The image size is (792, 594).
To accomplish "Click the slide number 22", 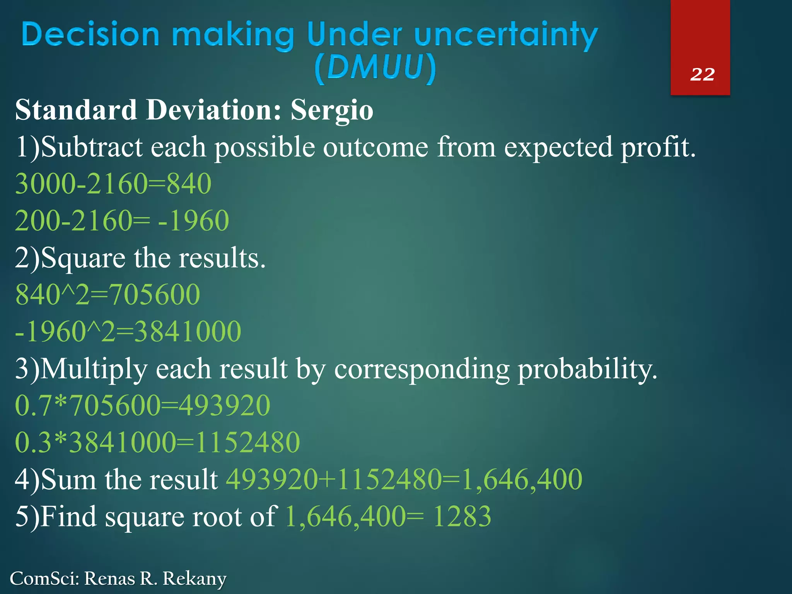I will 702,74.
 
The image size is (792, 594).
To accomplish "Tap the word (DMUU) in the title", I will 375,68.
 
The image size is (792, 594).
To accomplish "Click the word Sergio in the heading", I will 331,110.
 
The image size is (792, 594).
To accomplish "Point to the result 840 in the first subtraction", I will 189,184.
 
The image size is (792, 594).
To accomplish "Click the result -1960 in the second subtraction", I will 194,221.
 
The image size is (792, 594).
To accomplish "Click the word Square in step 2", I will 84,258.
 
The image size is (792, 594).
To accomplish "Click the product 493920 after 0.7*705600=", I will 225,406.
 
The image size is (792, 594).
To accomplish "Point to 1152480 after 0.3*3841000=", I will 248,442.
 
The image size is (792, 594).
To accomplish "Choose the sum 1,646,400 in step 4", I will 522,480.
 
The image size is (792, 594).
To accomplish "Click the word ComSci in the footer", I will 43,579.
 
